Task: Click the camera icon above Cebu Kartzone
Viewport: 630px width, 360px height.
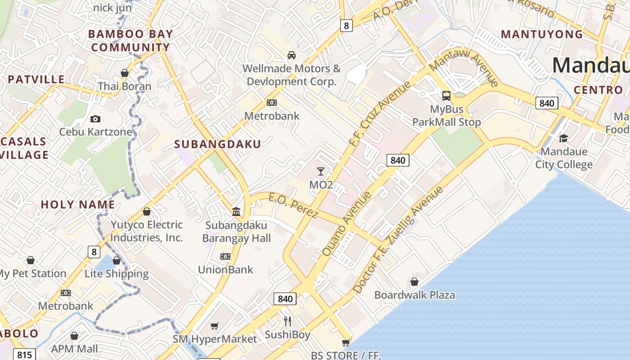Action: coord(95,119)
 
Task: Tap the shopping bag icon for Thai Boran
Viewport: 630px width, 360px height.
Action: coord(125,73)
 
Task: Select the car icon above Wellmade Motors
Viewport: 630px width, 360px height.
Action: coord(292,55)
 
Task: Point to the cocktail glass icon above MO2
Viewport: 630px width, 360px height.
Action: coord(321,171)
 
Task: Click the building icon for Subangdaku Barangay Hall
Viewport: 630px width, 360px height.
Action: coord(236,211)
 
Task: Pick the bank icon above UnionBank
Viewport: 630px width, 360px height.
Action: coord(225,256)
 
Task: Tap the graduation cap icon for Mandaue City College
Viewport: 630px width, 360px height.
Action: coord(563,138)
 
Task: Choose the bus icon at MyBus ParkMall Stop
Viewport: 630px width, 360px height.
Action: coord(446,96)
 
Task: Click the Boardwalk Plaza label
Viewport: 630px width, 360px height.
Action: coord(414,295)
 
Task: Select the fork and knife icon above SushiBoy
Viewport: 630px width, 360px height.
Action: coord(288,321)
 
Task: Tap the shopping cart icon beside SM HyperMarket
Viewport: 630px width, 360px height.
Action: coord(215,326)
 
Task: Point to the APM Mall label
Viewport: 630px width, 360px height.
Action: coord(75,349)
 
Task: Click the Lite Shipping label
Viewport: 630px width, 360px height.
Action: coord(117,274)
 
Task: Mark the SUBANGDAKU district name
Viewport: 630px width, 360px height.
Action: coord(217,144)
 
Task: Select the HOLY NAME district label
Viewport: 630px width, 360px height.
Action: coord(78,205)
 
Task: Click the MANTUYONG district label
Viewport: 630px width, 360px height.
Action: coord(542,35)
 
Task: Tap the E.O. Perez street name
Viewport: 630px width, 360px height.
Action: coord(293,205)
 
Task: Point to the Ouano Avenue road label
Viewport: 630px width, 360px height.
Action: coord(347,224)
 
